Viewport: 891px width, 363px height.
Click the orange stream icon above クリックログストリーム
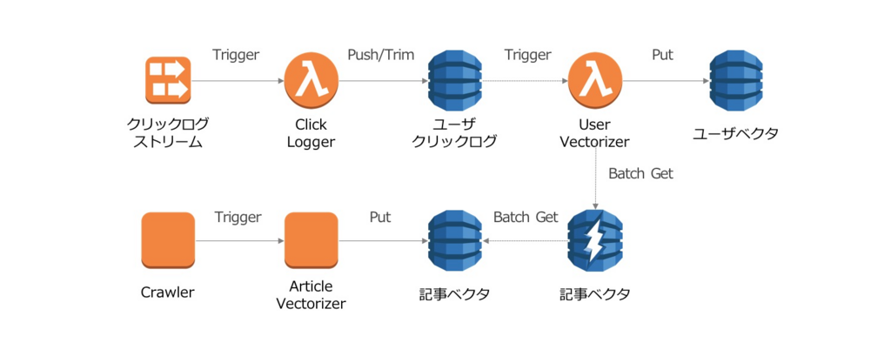[x=167, y=80]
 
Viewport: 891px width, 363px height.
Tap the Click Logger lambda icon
[x=310, y=80]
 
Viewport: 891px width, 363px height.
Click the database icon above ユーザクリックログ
[x=454, y=80]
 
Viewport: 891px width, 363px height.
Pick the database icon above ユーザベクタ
[x=736, y=80]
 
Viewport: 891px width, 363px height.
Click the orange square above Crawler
[x=167, y=240]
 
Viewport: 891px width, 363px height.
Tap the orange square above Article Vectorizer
[x=311, y=240]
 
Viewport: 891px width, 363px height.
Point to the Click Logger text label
[x=311, y=133]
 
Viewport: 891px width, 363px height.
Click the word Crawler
[x=167, y=292]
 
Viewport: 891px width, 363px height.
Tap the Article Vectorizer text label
[x=311, y=295]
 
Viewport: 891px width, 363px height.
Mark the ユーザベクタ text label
[x=736, y=134]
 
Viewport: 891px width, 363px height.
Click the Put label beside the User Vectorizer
[x=662, y=54]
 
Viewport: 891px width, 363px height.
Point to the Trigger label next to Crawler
[x=238, y=217]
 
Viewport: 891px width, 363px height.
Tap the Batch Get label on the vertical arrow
[x=640, y=173]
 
